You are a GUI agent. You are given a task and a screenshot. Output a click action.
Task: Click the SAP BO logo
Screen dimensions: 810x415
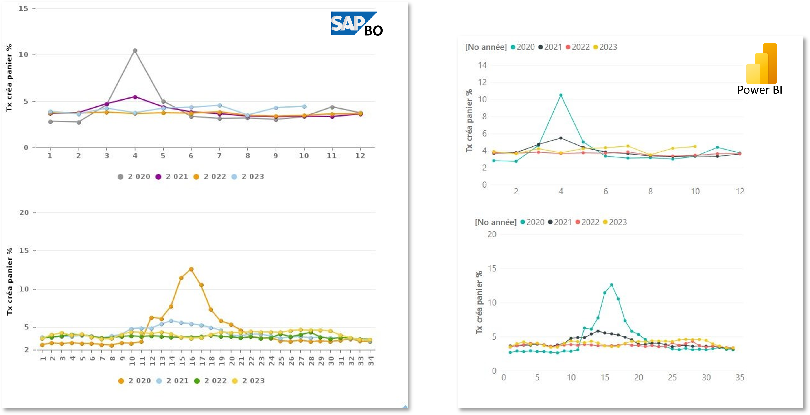[x=357, y=24]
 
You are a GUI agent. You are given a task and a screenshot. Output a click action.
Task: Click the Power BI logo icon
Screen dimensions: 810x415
[x=761, y=64]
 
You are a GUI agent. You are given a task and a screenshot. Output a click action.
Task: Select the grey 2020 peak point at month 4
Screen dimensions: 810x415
[x=135, y=50]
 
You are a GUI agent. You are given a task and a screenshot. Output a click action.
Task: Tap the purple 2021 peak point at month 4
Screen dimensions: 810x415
[x=135, y=97]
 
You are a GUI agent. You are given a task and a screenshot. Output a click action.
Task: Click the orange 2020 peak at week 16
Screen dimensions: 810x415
[x=191, y=269]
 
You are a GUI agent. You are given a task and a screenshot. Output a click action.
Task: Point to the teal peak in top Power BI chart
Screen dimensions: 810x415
[x=561, y=95]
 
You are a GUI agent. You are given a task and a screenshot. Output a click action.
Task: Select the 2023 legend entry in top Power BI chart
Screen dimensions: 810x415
[x=605, y=47]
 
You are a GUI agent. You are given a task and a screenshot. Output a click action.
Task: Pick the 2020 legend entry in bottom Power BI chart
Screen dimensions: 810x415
[x=532, y=222]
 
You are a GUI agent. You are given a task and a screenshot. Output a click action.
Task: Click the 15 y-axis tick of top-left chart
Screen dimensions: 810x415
[x=24, y=9]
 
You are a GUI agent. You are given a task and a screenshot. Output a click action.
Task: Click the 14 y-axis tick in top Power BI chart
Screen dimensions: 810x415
[x=482, y=65]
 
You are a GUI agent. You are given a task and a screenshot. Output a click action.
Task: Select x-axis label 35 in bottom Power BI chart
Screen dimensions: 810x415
[x=740, y=377]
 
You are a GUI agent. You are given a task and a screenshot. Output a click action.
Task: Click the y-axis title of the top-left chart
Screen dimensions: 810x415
[x=9, y=78]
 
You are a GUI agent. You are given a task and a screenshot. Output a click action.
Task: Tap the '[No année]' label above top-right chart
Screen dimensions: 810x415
[x=486, y=47]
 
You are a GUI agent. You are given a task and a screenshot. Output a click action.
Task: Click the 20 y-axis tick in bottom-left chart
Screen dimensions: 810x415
[x=24, y=213]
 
